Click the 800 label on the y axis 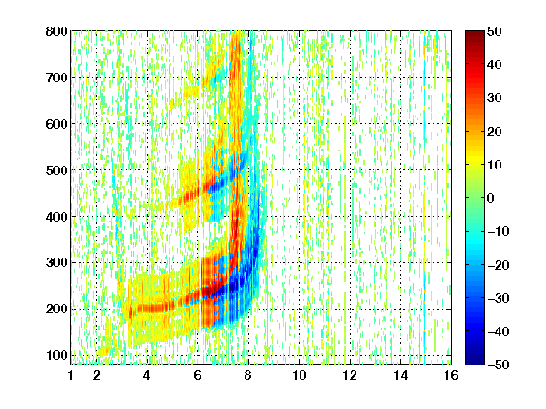[57, 31]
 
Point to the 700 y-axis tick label [57, 78]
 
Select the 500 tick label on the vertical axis [57, 170]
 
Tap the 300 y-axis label [57, 262]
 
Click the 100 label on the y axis [57, 355]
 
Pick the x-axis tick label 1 [71, 375]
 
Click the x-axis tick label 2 [97, 375]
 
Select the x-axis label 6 [198, 375]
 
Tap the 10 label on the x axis [300, 375]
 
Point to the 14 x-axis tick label [401, 375]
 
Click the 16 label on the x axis [451, 375]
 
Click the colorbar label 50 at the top [495, 31]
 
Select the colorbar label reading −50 [498, 365]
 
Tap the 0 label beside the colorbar [491, 198]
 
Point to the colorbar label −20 [498, 265]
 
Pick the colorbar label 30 [495, 98]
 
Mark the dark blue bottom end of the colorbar [475, 357]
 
